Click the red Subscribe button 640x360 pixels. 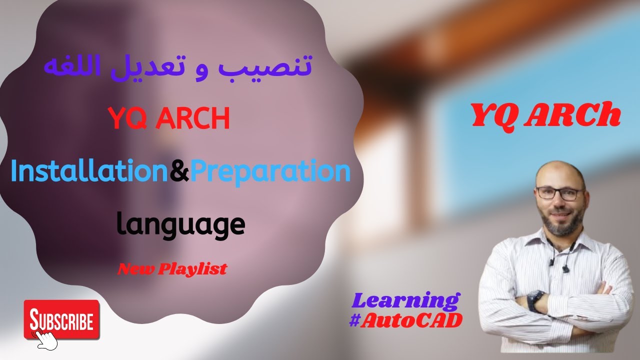point(61,319)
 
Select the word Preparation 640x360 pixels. point(270,171)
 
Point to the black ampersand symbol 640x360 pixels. point(179,172)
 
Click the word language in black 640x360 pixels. point(180,225)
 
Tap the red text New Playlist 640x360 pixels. point(172,269)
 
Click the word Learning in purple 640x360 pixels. point(405,301)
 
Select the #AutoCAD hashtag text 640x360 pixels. point(405,320)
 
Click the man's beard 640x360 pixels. point(560,223)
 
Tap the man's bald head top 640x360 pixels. point(559,167)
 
